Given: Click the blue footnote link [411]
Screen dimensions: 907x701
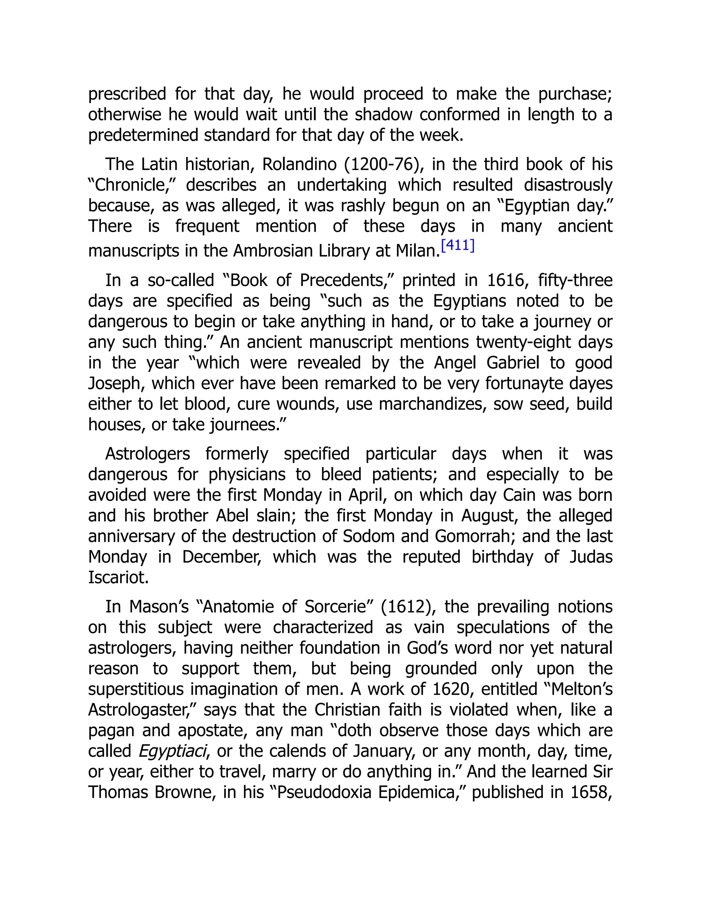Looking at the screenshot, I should click(x=458, y=245).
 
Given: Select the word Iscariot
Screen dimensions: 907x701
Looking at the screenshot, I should click(x=118, y=577).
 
